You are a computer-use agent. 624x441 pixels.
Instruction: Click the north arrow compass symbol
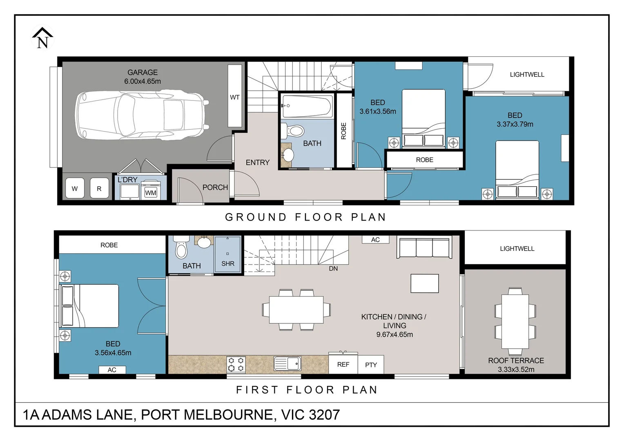point(42,38)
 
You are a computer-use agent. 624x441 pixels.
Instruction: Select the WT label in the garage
point(234,97)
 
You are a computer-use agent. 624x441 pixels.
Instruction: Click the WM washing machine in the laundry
point(151,192)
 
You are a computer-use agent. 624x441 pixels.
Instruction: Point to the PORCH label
point(215,187)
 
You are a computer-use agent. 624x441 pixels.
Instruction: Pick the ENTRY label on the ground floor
point(257,163)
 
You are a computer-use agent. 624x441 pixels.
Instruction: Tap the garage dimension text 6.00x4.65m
point(143,81)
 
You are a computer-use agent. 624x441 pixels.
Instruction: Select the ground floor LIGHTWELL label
point(527,74)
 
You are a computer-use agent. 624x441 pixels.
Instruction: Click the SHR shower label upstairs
point(228,264)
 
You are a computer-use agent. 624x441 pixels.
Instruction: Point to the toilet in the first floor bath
point(181,248)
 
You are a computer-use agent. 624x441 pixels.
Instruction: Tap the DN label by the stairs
point(333,269)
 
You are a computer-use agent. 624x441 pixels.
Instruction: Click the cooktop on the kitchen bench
point(236,364)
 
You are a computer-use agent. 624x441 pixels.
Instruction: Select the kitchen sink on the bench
point(287,363)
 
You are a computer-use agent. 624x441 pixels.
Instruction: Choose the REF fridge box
point(343,364)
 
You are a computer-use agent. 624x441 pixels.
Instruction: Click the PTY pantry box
point(371,365)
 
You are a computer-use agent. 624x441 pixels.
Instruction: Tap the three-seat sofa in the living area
point(424,247)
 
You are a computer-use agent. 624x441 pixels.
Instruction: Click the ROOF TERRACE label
point(516,361)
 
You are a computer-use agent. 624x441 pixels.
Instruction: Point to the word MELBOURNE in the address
point(228,415)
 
